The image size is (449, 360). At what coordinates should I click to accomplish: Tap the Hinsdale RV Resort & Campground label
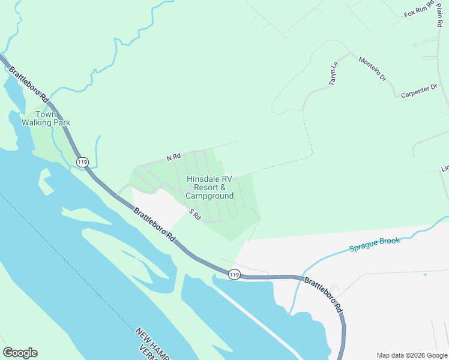[209, 187]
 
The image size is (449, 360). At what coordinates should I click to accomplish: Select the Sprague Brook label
[374, 244]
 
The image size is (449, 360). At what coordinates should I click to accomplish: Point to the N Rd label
[173, 157]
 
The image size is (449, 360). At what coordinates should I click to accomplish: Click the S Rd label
[194, 214]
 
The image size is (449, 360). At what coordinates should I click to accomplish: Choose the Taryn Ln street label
[334, 73]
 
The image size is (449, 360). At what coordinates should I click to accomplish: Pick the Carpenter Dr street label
[420, 91]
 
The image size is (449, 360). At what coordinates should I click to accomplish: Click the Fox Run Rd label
[418, 12]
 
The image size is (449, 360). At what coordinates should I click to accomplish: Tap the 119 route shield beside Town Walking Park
[83, 161]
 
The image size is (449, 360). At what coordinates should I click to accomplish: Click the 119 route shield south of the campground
[234, 274]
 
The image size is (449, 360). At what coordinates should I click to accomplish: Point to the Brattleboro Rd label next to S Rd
[154, 224]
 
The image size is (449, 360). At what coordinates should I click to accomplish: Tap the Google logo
[20, 352]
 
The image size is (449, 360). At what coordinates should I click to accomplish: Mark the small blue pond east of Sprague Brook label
[425, 274]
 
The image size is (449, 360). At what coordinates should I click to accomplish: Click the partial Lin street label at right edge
[445, 169]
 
